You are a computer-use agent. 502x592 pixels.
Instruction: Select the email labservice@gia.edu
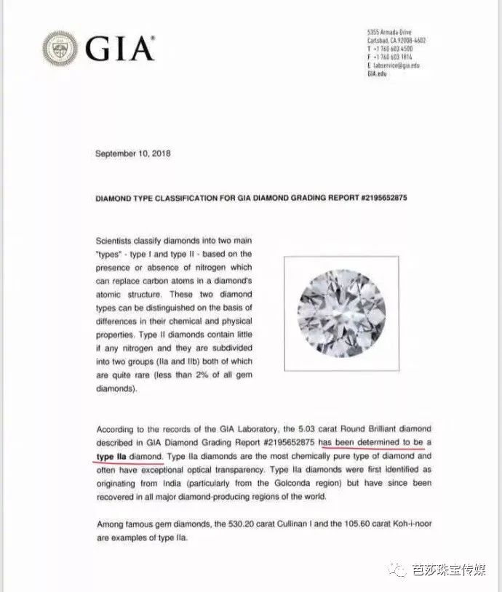pyautogui.click(x=398, y=65)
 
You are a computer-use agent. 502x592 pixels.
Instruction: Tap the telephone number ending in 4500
pyautogui.click(x=397, y=50)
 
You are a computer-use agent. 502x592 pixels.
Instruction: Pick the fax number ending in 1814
pyautogui.click(x=397, y=57)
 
